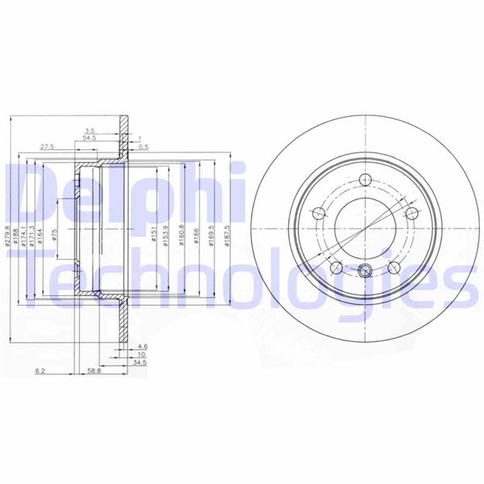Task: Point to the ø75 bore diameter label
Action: click(54, 236)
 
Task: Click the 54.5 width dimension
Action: click(89, 139)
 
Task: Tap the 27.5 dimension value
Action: click(47, 148)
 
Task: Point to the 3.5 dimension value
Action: click(90, 129)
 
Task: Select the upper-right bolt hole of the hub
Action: click(411, 213)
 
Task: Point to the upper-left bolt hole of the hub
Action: click(317, 213)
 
